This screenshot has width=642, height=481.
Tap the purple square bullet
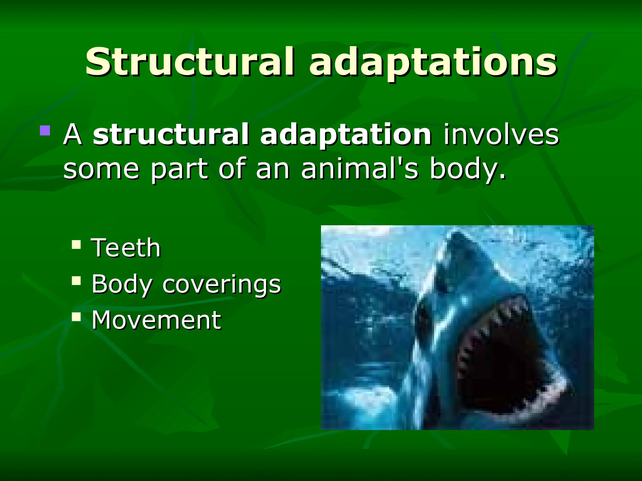(45, 131)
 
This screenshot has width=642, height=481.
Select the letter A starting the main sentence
(73, 135)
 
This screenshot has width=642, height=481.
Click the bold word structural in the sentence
(171, 135)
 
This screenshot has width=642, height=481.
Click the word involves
(501, 135)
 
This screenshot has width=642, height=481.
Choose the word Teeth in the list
(126, 248)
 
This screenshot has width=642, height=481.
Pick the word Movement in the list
(156, 320)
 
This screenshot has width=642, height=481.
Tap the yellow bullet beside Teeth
(76, 244)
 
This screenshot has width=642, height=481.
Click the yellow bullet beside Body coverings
(76, 281)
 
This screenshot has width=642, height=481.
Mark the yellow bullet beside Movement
(76, 317)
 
